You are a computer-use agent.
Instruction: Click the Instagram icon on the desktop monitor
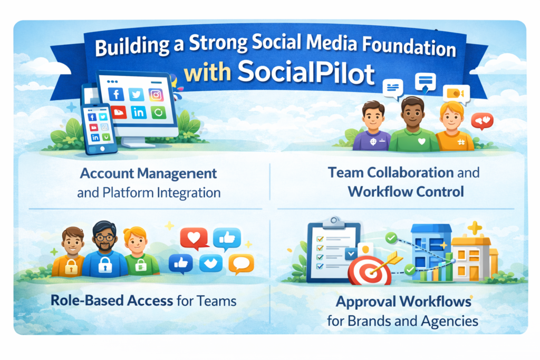[156, 94]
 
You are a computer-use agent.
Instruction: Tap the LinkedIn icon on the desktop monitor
[138, 112]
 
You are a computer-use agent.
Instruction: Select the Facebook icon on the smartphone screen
[92, 117]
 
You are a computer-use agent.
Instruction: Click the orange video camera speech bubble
[456, 93]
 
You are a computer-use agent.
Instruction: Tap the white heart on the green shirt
[421, 141]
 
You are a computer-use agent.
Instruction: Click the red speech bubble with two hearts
[481, 121]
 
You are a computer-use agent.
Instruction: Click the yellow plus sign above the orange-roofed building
[475, 228]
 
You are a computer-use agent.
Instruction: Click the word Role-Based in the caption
[89, 301]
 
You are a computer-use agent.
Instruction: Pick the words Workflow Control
[406, 191]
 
